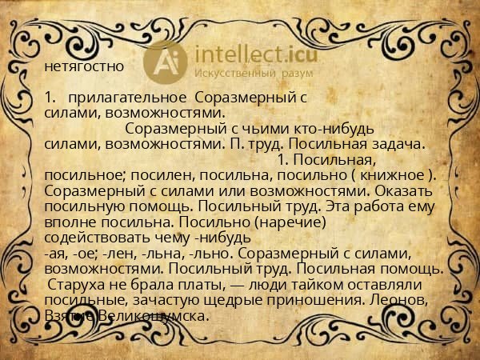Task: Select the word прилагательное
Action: [x=122, y=98]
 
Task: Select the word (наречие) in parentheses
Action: [x=285, y=222]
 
